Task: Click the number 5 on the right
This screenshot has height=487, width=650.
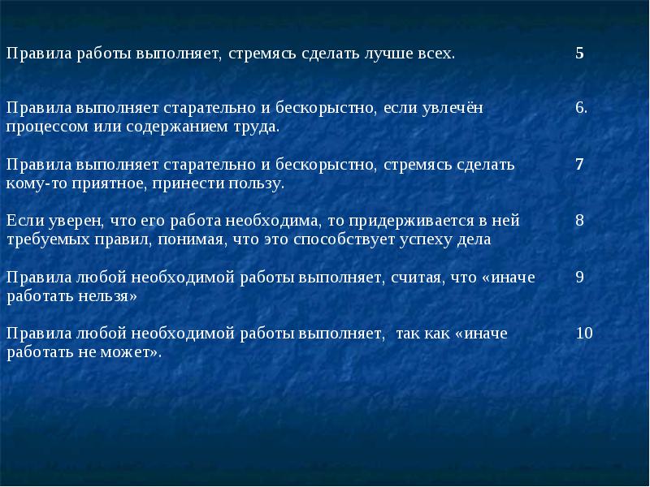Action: [579, 53]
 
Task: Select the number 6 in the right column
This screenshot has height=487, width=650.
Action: [581, 108]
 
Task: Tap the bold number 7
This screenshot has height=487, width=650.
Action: [579, 165]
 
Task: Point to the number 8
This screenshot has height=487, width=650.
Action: [579, 220]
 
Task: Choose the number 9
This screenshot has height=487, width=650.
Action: [579, 277]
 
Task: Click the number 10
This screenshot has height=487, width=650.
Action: [584, 334]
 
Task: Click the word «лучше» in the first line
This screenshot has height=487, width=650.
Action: [388, 54]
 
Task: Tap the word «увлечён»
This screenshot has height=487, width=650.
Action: [453, 109]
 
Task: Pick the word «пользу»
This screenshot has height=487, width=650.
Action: [257, 184]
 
